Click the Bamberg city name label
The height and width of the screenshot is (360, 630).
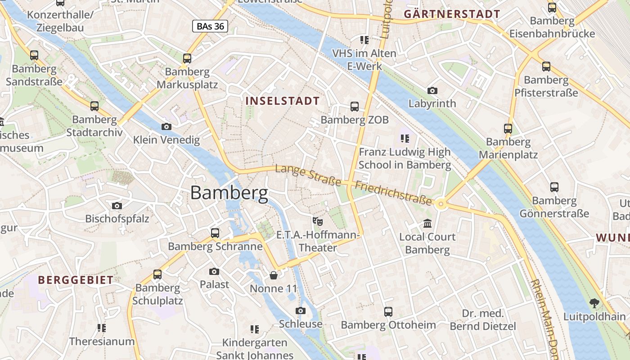pos(229,193)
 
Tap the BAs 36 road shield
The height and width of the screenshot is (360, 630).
pos(210,27)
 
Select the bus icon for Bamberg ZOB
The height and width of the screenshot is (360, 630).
pos(355,107)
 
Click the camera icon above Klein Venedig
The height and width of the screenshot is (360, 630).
pos(166,127)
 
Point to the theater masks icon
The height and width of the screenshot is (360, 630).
pos(318,221)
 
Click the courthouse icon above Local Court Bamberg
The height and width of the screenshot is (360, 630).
pos(427,224)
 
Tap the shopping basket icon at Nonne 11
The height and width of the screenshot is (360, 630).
pos(274,275)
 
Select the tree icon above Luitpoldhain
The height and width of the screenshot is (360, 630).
pos(594,303)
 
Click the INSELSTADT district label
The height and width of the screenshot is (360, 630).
pos(283,101)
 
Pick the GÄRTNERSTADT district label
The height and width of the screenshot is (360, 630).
pos(452,14)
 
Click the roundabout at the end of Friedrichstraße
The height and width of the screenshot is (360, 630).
pos(441,205)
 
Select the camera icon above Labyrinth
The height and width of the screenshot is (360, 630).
pos(432,91)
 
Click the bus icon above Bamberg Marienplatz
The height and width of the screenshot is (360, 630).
pos(508,129)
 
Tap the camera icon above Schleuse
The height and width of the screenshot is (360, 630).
pos(301,311)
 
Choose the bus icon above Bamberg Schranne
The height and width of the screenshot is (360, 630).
pos(215,233)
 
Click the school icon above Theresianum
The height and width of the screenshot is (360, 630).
pos(102,328)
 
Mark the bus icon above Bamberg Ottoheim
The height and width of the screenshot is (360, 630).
pos(388,312)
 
